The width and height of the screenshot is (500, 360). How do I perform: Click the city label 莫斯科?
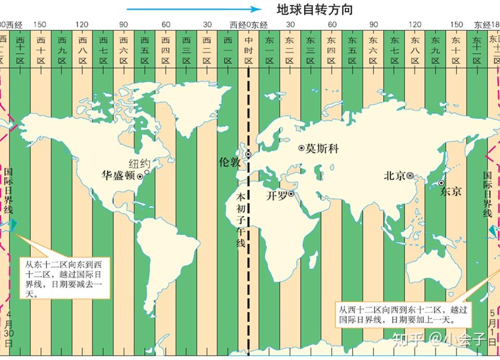[322, 148]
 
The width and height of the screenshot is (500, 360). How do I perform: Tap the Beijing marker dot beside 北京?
[410, 176]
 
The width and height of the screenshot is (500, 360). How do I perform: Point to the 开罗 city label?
[277, 196]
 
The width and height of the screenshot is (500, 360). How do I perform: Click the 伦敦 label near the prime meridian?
[230, 162]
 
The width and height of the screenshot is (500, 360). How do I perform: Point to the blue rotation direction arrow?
[193, 9]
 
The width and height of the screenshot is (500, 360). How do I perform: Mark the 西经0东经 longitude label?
[248, 24]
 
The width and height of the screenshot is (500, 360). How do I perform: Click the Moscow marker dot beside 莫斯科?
[301, 148]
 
